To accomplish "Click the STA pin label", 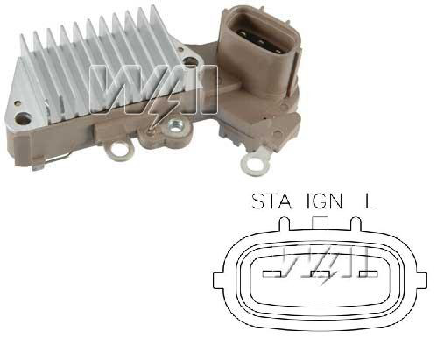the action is tap(271, 201).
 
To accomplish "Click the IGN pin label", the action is tap(324, 201).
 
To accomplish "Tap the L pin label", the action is tap(370, 201).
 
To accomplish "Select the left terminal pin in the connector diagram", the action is tap(272, 274).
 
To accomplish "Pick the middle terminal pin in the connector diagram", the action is tap(321, 274).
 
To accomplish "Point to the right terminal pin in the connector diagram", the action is tap(369, 274).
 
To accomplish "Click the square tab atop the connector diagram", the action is tap(321, 223).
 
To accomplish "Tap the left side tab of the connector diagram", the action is tap(218, 280).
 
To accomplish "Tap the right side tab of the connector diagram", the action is tap(422, 280).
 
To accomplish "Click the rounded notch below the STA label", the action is tap(285, 223).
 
